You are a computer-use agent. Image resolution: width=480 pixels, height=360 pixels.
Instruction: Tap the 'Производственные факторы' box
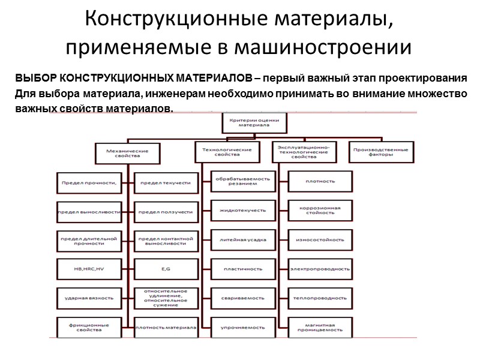point(382,152)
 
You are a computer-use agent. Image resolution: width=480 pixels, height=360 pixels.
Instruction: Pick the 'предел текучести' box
point(166,182)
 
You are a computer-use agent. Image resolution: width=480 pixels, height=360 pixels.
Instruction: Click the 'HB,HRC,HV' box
point(89,269)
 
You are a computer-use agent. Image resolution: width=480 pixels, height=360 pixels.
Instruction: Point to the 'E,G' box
point(166,269)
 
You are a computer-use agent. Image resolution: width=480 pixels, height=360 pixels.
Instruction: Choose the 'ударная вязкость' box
point(89,298)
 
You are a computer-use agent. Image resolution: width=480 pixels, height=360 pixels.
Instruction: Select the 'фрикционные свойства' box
point(89,327)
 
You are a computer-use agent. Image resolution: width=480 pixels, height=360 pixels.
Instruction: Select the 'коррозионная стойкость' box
point(320,211)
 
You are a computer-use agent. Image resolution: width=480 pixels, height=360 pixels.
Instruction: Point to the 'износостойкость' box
point(320,239)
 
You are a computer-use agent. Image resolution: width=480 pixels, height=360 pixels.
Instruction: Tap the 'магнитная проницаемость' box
point(320,327)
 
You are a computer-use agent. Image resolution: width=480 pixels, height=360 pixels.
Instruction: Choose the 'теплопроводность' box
point(320,298)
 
